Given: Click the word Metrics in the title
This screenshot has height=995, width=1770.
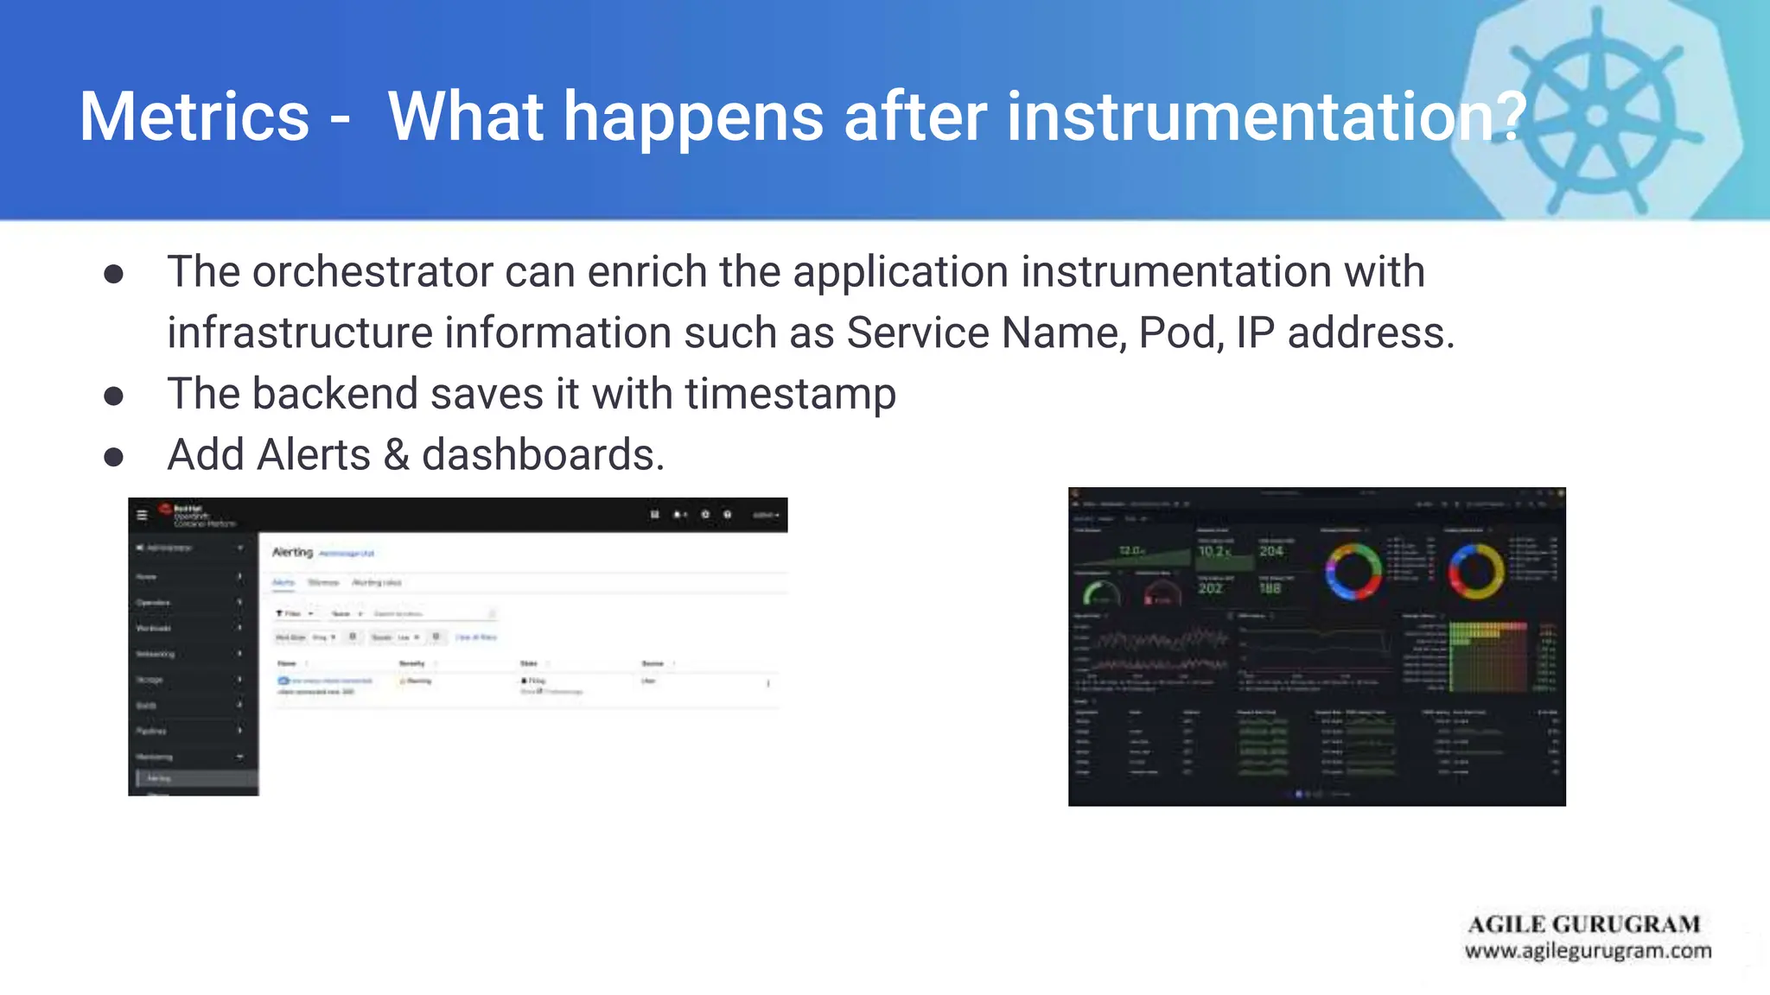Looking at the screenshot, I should coord(194,117).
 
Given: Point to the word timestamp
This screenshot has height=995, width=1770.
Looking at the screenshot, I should coord(790,394).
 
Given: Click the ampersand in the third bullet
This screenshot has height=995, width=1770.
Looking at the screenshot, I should coord(396,455).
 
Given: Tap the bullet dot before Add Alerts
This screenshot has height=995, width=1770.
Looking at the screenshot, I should coord(113,457).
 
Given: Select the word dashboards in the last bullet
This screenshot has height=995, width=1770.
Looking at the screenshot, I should coord(542,455).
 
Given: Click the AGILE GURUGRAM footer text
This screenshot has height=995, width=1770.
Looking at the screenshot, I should coord(1583,924).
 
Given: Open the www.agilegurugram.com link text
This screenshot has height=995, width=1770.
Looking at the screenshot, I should coord(1587,951).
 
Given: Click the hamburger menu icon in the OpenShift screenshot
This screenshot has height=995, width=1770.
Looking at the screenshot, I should coord(143,515).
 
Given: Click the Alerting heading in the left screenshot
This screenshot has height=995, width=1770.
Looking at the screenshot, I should coord(292,552).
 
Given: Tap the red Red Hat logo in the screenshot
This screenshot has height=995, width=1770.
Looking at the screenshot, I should coord(165,509).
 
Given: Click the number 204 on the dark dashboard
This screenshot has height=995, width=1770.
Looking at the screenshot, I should coord(1270,551).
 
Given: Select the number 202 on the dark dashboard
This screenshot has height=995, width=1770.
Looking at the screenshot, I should coord(1210,588).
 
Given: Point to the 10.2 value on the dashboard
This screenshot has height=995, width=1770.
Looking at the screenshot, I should coord(1213,551).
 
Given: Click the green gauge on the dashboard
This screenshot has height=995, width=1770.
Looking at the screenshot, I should coord(1101,593).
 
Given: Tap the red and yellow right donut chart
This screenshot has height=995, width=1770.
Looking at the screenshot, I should coord(1476,571).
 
